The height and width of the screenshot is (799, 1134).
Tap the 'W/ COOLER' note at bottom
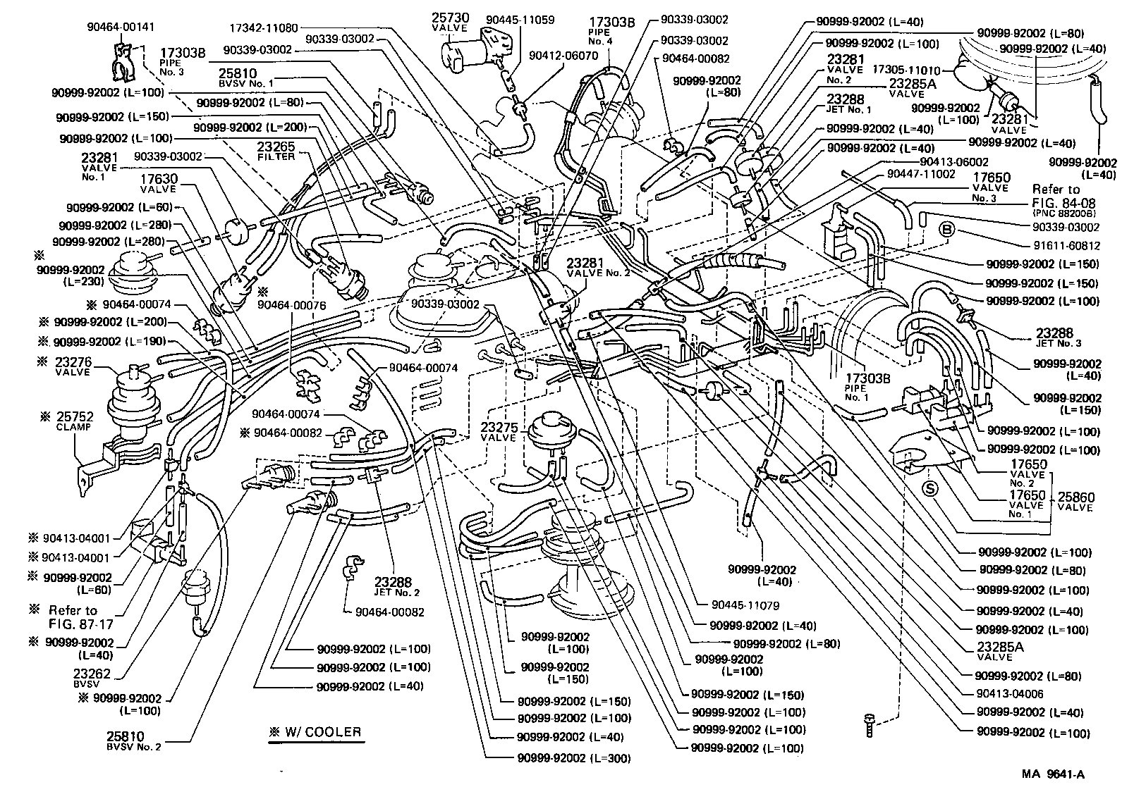pos(315,732)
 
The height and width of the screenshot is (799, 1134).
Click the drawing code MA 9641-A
pos(1053,774)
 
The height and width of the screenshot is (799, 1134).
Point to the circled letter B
pos(947,230)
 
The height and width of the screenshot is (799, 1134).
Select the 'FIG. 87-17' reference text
pos(82,624)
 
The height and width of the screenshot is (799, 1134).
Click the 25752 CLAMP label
pos(74,421)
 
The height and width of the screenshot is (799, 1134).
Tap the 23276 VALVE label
pos(71,366)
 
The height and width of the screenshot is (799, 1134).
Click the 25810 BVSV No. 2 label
pos(133,741)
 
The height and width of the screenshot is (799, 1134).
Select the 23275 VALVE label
pos(499,432)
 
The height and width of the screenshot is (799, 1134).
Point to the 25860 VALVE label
pos(1075,501)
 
